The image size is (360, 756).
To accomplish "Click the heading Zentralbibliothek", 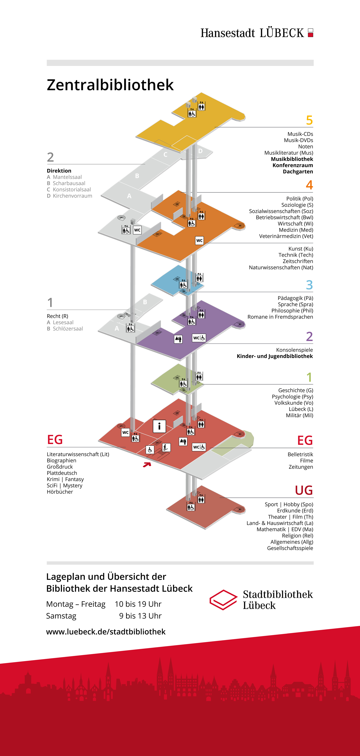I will coord(110,85).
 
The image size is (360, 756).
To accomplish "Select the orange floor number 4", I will coord(309,185).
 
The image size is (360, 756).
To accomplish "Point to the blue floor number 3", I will coord(309,285).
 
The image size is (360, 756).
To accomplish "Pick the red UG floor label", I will coord(304,490).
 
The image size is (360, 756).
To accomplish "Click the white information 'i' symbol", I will coord(159,426).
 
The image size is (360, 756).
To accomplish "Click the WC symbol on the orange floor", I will coord(199,240).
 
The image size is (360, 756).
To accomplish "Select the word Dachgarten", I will coord(298,172).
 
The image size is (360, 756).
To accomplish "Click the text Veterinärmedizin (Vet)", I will coord(286,236).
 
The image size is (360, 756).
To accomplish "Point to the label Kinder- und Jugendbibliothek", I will coord(275,356).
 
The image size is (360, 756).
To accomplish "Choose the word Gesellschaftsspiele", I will coord(290,548).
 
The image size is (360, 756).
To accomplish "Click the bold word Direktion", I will coord(59,171).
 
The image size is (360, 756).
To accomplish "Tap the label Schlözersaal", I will coord(68,329).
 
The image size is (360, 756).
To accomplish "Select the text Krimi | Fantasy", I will coord(65,479).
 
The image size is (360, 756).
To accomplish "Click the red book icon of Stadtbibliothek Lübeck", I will coord(223,600).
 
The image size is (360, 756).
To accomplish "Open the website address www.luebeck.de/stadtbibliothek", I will coord(106,632).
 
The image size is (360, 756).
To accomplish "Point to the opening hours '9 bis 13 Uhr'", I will coord(140,616).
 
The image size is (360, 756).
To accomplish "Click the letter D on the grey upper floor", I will coord(200,151).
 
